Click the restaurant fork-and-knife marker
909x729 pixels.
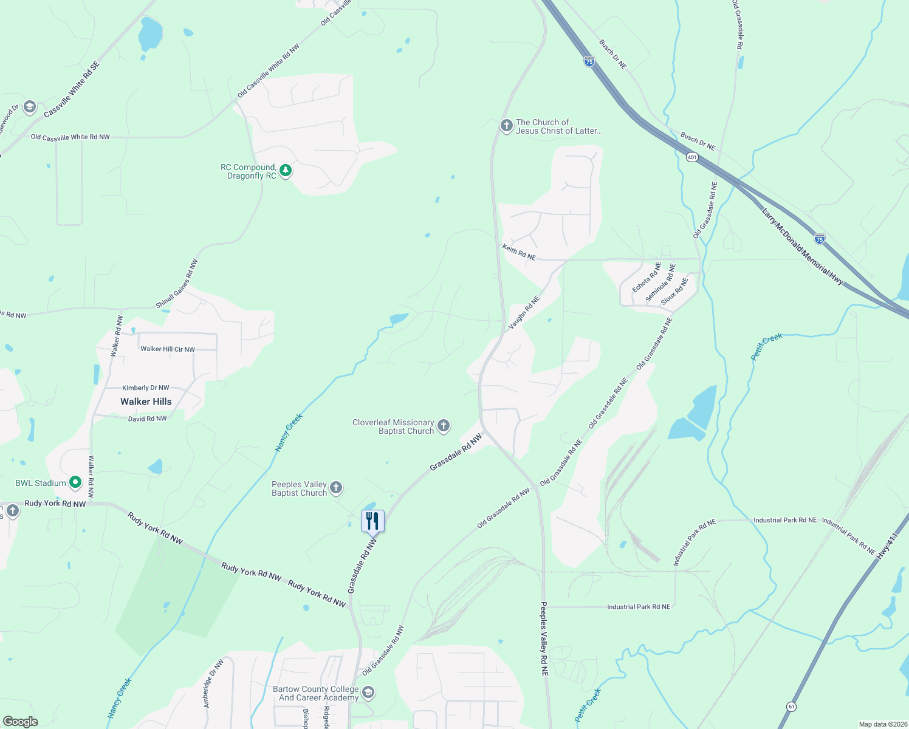[x=372, y=521]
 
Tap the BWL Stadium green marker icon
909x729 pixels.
[x=75, y=483]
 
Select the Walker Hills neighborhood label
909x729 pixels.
[x=146, y=402]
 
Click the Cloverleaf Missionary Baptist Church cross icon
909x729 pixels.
[x=444, y=426]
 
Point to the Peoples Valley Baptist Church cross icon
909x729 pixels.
[x=336, y=488]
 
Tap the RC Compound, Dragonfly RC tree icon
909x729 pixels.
[x=285, y=171]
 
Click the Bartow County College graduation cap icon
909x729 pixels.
[x=368, y=693]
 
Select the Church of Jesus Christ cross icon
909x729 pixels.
[x=506, y=126]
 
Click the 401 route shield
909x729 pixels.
[x=692, y=157]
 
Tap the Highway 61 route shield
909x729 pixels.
[x=791, y=707]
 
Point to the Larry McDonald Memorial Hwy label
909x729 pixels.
[x=802, y=246]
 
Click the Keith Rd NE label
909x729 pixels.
[x=519, y=252]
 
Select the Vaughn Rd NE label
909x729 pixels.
[x=524, y=312]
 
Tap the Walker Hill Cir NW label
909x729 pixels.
[x=168, y=349]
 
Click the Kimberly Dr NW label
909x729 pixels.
[x=146, y=388]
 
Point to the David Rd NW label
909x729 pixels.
[x=147, y=419]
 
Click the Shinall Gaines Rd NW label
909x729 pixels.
[x=177, y=284]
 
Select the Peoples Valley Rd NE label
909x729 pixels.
[x=544, y=639]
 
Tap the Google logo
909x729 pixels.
[x=21, y=722]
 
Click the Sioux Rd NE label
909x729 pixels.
[x=674, y=291]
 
